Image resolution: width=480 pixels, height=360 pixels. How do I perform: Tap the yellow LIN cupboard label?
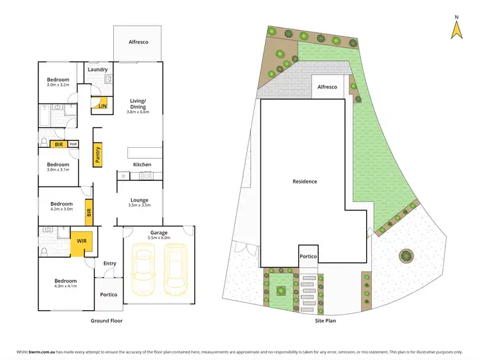pyautogui.click(x=102, y=106)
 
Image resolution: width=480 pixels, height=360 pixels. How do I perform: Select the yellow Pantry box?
pyautogui.click(x=98, y=156)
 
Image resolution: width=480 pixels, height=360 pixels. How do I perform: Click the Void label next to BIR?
pyautogui.click(x=73, y=145)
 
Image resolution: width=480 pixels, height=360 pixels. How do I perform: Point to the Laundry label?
pyautogui.click(x=97, y=70)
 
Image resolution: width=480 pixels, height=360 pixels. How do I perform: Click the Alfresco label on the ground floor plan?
pyautogui.click(x=139, y=42)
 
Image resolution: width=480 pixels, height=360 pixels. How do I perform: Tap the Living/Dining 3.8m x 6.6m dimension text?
pyautogui.click(x=138, y=112)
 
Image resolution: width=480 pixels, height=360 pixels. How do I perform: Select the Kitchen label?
pyautogui.click(x=142, y=165)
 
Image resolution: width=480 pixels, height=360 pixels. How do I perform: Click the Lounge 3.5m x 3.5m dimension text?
pyautogui.click(x=139, y=205)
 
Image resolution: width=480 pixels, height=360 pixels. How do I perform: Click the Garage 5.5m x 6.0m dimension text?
pyautogui.click(x=159, y=237)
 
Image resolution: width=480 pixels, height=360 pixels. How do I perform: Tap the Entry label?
pyautogui.click(x=109, y=263)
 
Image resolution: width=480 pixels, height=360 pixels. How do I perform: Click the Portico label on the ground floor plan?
pyautogui.click(x=108, y=295)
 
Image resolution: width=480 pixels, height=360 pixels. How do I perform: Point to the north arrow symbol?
pyautogui.click(x=456, y=28)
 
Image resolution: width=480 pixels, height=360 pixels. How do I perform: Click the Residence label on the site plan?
pyautogui.click(x=305, y=182)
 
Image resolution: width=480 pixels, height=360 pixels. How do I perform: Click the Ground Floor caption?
pyautogui.click(x=106, y=321)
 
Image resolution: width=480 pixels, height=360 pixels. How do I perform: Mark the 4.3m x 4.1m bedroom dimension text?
pyautogui.click(x=65, y=286)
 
